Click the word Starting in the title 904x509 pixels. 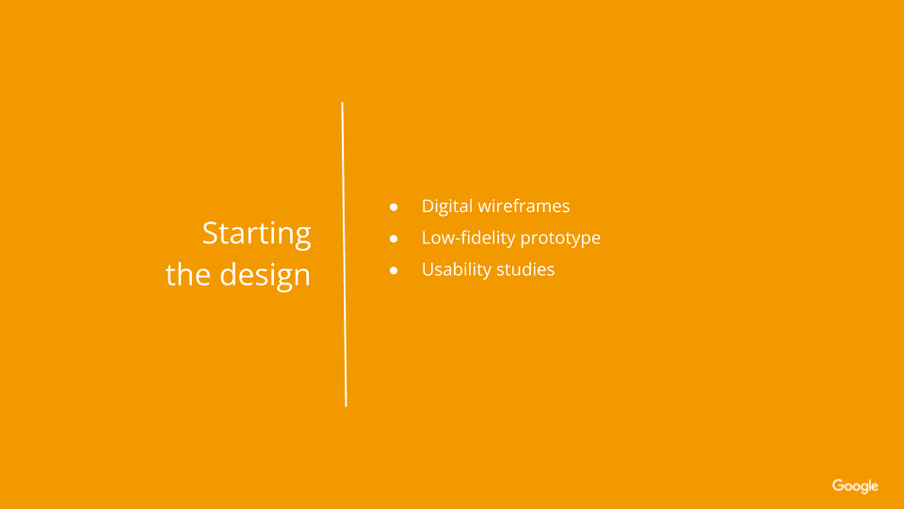(x=256, y=235)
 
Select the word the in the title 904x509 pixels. (x=188, y=274)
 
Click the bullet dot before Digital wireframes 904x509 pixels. (x=394, y=206)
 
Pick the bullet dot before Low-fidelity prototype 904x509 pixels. (x=394, y=238)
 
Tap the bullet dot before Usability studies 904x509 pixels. (x=394, y=271)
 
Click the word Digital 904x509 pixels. (x=446, y=206)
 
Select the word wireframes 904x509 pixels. (x=524, y=206)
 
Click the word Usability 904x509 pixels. (x=457, y=270)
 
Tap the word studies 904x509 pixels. (x=525, y=269)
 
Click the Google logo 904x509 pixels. (x=855, y=486)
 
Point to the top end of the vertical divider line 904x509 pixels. (x=342, y=103)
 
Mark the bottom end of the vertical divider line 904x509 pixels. (x=346, y=406)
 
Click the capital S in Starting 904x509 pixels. (x=210, y=233)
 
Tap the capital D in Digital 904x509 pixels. (x=429, y=206)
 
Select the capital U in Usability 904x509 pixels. (x=428, y=270)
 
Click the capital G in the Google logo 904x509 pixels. (x=838, y=485)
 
